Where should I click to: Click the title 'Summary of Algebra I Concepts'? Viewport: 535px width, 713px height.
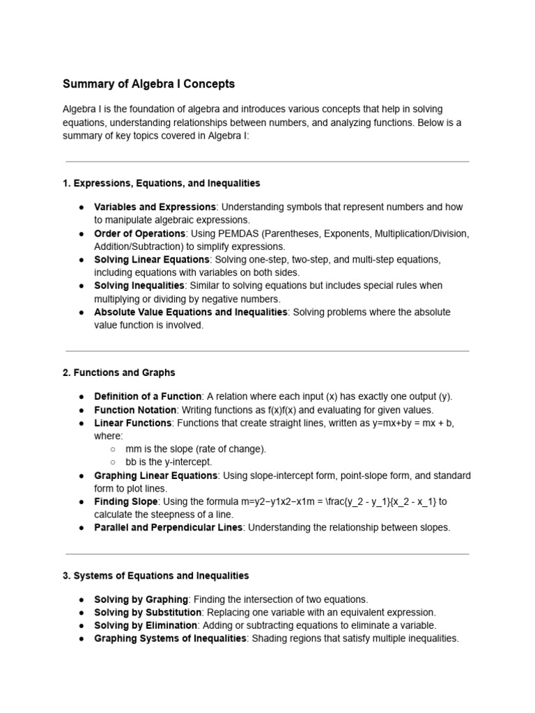(x=148, y=84)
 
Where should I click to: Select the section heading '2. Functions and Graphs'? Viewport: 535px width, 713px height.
(x=118, y=373)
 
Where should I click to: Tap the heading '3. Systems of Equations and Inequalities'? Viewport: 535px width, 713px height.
(x=155, y=576)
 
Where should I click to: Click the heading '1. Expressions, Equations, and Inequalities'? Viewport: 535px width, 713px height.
(x=161, y=183)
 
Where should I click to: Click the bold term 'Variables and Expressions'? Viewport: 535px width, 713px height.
(x=155, y=207)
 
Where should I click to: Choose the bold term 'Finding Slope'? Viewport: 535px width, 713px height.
(x=126, y=501)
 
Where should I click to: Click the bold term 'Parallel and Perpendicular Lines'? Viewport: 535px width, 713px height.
(x=168, y=527)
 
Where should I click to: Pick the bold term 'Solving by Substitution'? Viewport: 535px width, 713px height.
(x=148, y=612)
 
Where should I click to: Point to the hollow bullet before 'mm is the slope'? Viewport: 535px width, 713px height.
(x=113, y=449)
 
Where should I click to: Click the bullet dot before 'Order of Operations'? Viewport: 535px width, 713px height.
(x=82, y=234)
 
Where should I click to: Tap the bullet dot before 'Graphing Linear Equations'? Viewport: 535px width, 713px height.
(x=82, y=476)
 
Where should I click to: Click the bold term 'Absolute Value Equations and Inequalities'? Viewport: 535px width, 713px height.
(x=190, y=312)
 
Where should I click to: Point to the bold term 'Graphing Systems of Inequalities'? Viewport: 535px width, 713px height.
(x=170, y=638)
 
